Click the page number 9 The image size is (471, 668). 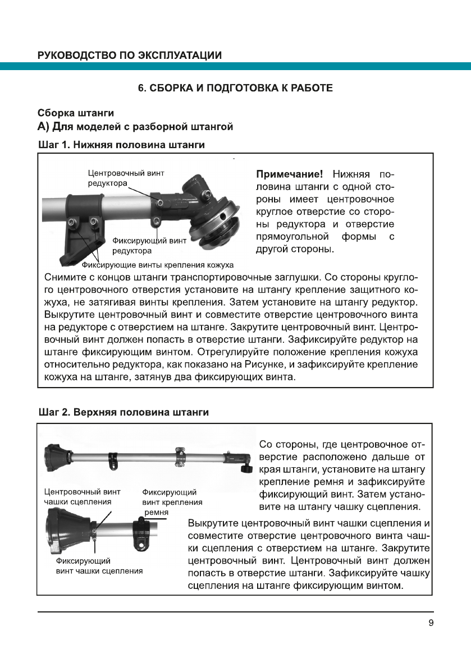coord(430,623)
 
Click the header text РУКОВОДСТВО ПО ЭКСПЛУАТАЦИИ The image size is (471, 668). coord(129,55)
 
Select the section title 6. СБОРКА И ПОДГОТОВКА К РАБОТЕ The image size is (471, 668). coord(235,88)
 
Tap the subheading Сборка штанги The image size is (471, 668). coord(76,113)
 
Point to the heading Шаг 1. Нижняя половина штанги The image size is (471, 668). coord(121,145)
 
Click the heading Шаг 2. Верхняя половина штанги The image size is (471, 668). coord(123,412)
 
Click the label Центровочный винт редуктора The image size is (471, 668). coord(126,178)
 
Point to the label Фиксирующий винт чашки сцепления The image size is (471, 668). coord(99,565)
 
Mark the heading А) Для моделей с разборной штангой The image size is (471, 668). coord(135,127)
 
